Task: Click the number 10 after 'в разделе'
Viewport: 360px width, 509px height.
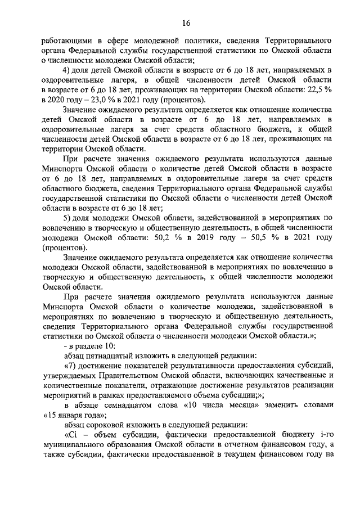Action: point(109,346)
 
